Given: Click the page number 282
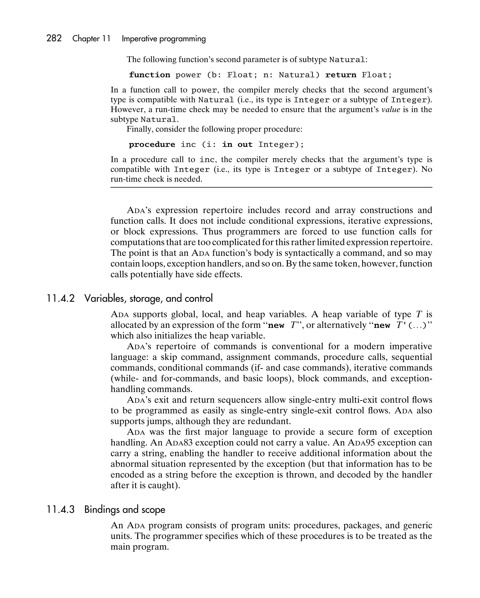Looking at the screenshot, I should click(54, 38).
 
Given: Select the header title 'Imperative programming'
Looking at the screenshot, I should click(164, 39).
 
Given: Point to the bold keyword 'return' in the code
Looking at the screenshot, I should click(341, 75).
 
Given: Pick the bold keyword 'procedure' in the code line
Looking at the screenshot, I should click(152, 145).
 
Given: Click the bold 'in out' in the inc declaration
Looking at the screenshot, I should click(237, 145).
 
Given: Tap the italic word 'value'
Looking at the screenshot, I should click(391, 110).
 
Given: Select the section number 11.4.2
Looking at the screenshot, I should click(61, 298).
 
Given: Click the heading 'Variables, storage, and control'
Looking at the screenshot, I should click(149, 298).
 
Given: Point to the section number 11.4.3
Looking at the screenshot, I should click(61, 510).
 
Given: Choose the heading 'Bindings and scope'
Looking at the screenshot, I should click(125, 510).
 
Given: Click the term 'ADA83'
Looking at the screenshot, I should click(179, 443).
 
